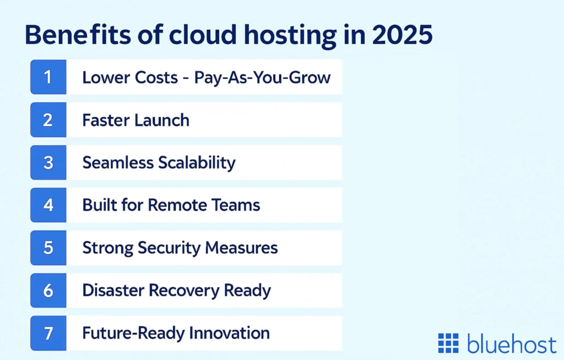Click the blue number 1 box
48,77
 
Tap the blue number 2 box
48,120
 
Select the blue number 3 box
48,162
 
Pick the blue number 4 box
48,205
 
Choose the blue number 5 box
48,248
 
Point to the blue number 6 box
48,291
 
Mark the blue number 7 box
48,333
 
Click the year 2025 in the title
402,35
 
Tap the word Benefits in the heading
78,35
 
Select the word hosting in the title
290,36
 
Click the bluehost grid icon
448,343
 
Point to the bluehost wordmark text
512,343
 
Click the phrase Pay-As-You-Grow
262,78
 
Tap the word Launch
162,120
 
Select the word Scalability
197,162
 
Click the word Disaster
113,290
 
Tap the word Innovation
230,333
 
